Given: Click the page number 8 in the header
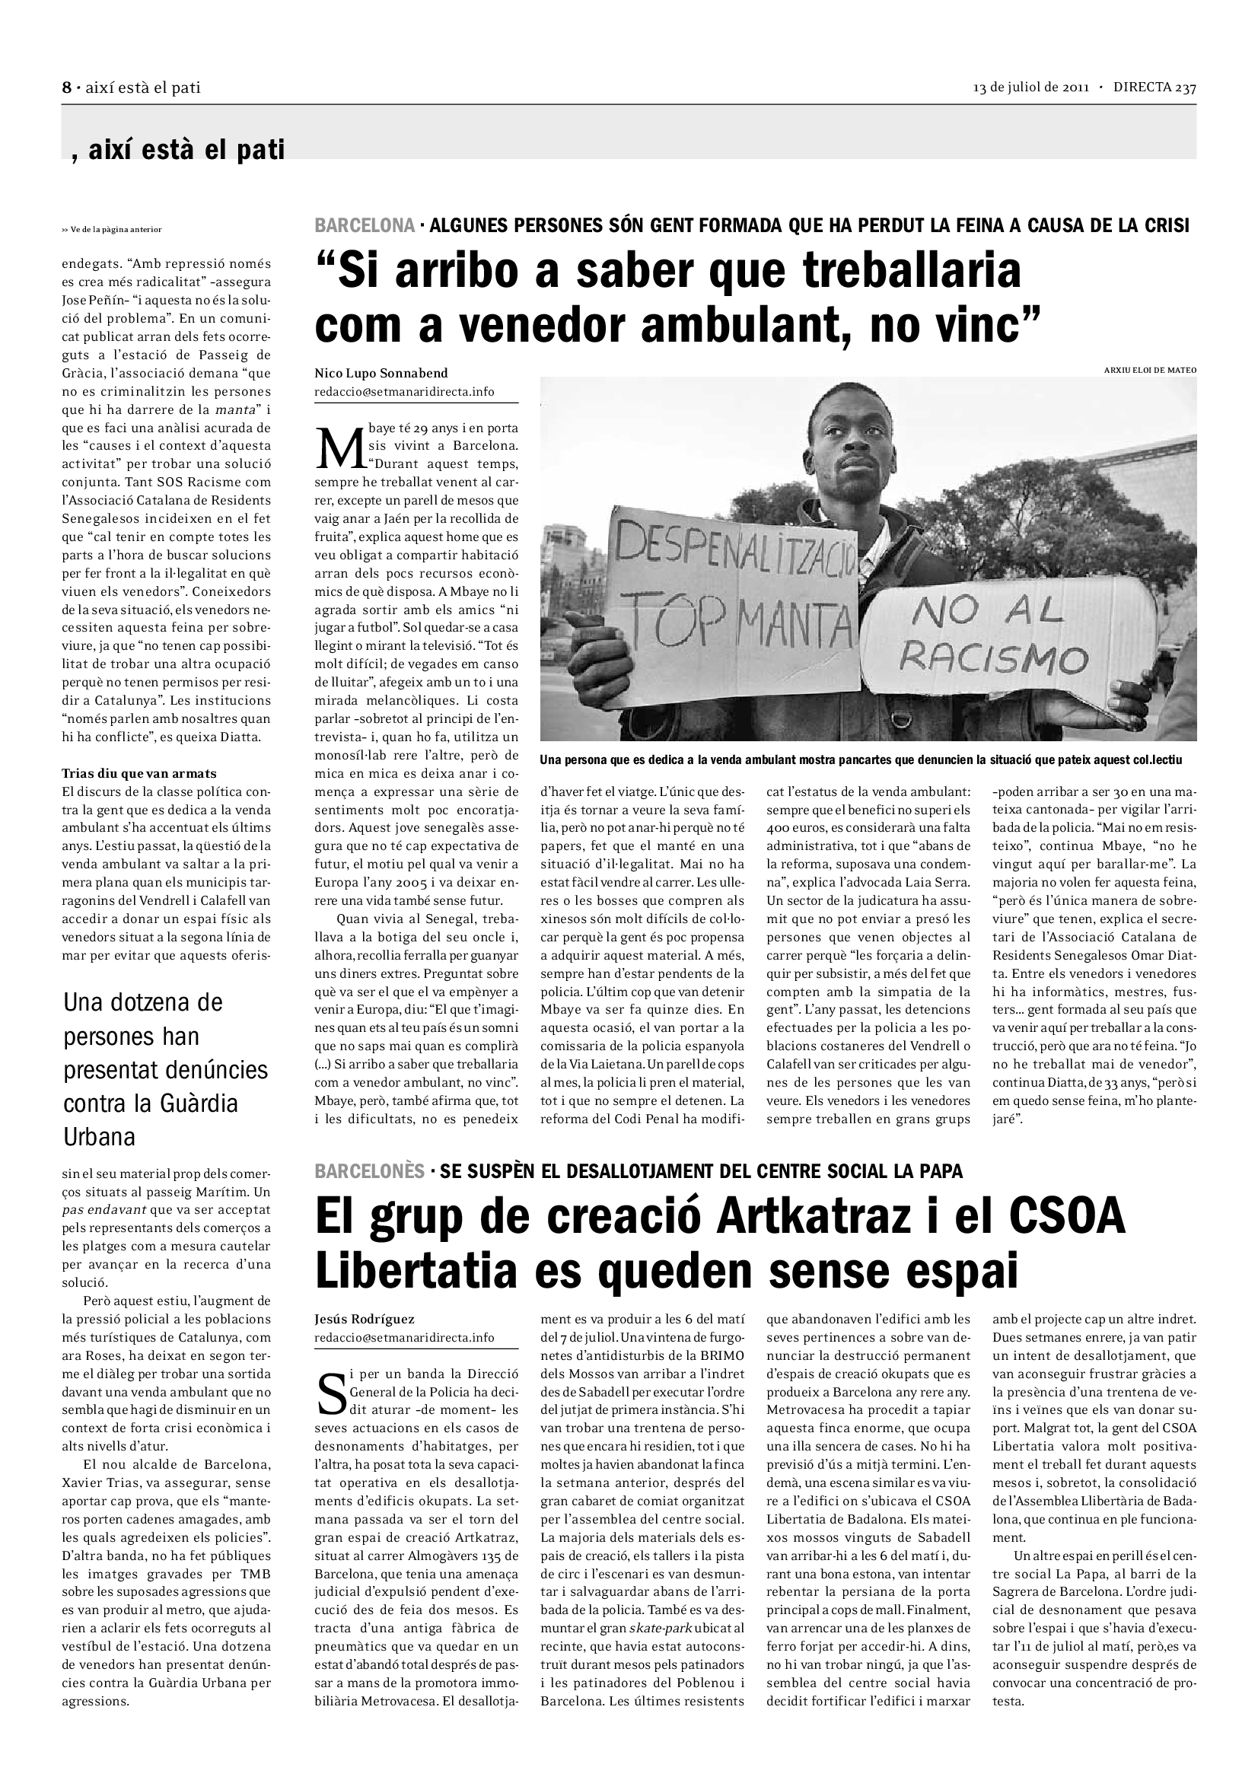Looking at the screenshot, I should click(x=67, y=88).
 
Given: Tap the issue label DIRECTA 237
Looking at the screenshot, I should click(x=1154, y=88).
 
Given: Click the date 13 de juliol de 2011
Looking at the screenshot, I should click(x=1032, y=88).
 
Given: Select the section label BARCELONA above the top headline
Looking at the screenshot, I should click(x=365, y=225).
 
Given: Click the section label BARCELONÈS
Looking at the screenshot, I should click(x=370, y=1170).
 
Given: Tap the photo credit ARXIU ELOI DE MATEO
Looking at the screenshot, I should click(x=1149, y=371).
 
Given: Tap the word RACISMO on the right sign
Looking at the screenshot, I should click(x=995, y=659).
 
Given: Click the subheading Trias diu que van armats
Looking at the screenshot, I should click(x=139, y=773).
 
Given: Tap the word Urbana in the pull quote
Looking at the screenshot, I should click(x=99, y=1137).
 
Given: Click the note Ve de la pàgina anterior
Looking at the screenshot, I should click(x=112, y=230).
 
